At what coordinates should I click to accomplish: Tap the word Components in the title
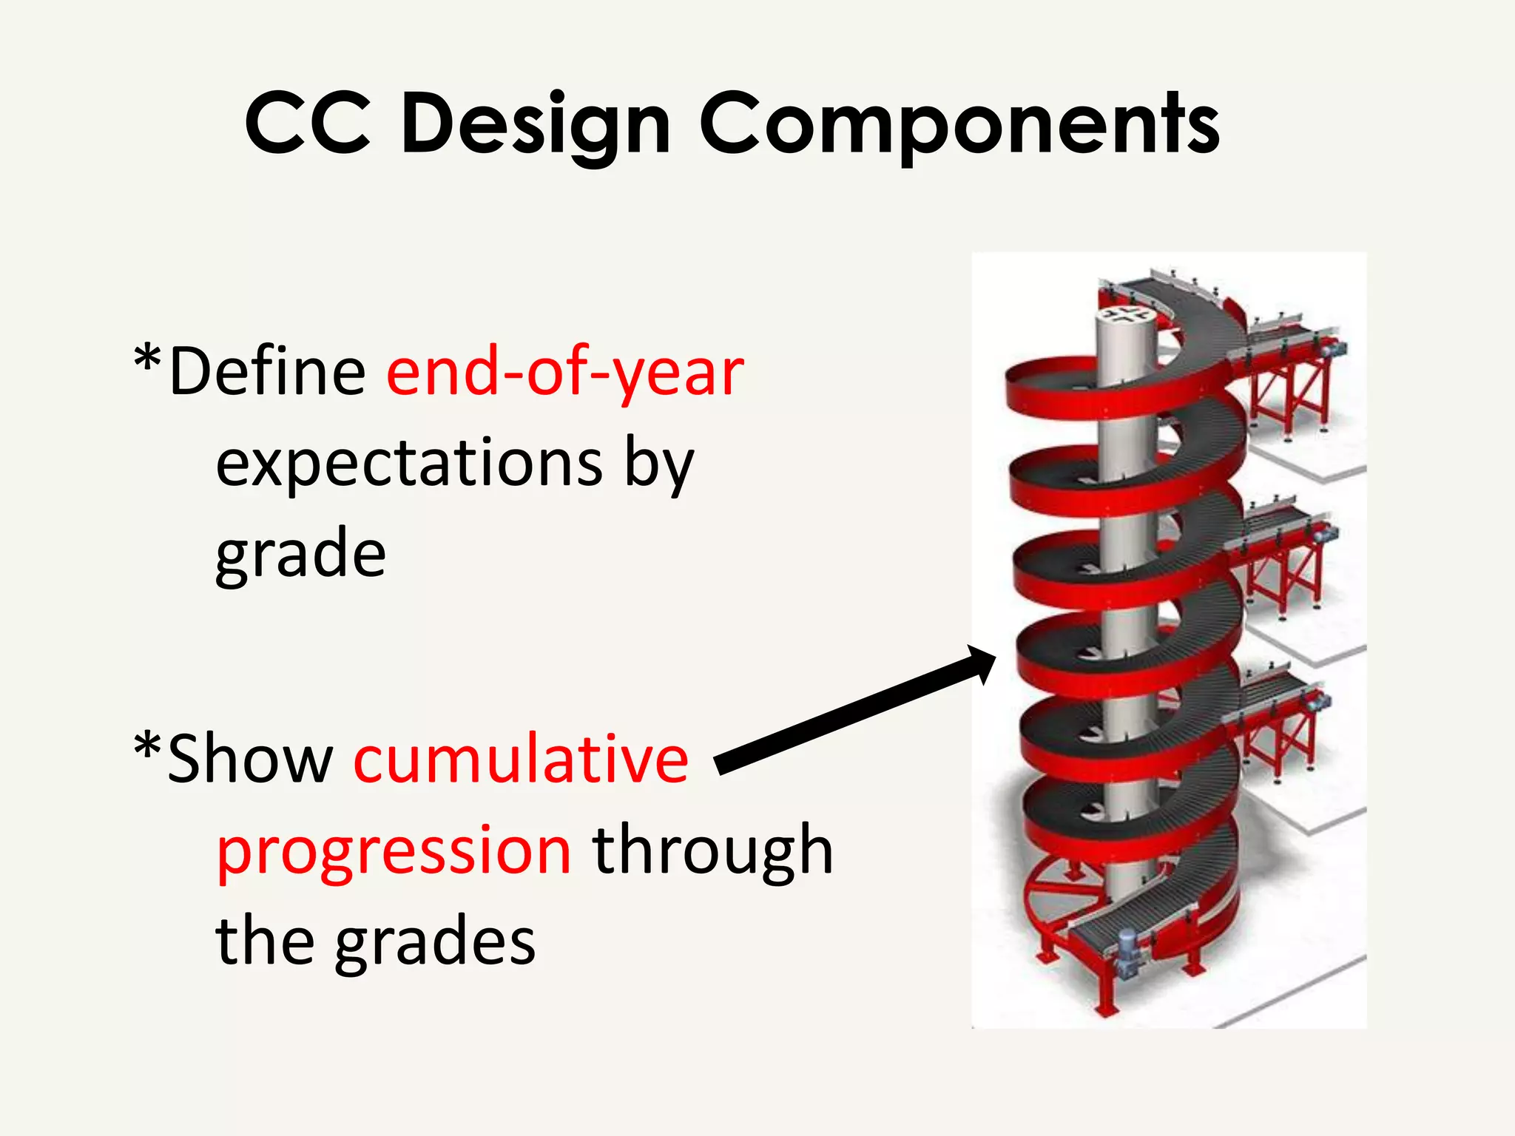pos(959,124)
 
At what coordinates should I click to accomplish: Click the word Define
pos(266,371)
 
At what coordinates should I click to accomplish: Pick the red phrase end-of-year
pos(565,373)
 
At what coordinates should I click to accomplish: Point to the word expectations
pos(409,464)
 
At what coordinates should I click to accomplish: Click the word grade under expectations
pos(300,555)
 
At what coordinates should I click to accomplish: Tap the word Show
pos(250,759)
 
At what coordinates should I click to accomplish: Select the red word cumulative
pos(522,759)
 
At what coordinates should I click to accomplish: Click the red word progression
pos(394,851)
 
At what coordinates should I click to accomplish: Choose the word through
pos(713,851)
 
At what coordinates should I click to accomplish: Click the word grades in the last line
pos(435,942)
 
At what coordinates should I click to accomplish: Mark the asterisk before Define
pos(147,359)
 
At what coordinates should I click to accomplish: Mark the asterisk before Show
pos(147,747)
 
